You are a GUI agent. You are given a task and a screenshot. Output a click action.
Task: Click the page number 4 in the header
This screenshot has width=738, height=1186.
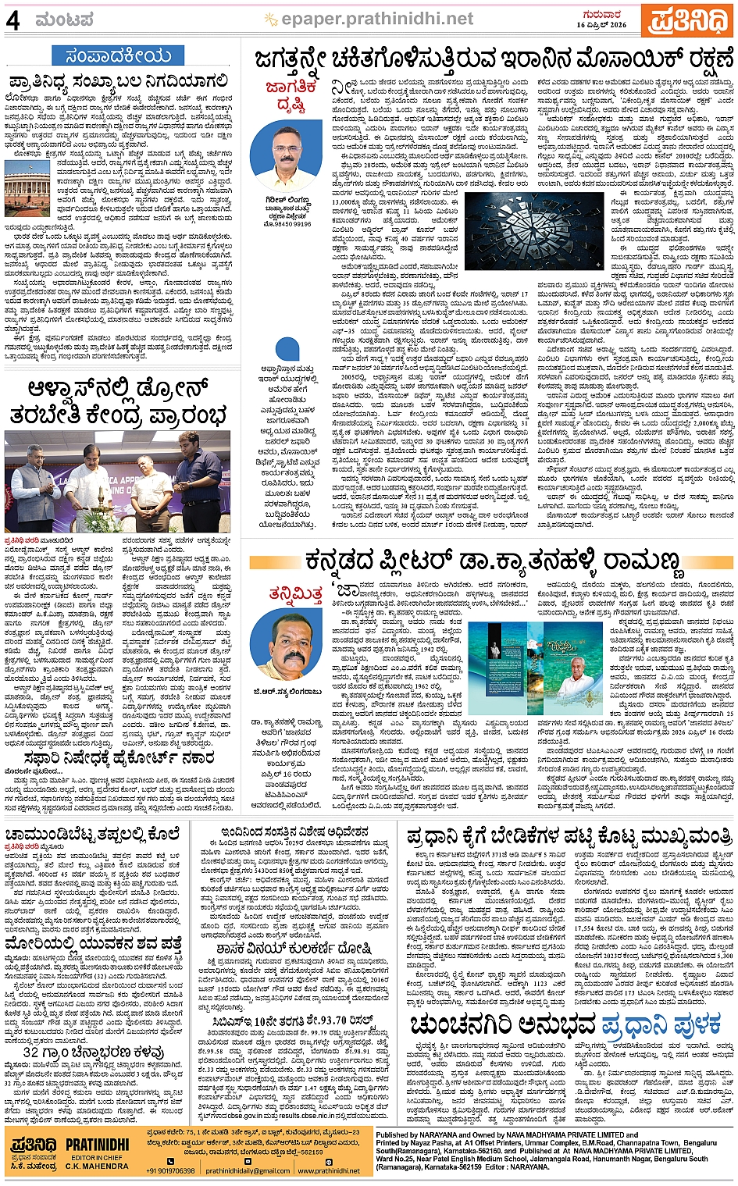point(13,20)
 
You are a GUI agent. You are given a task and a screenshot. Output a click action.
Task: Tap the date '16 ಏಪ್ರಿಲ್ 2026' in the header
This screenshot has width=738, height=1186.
point(602,25)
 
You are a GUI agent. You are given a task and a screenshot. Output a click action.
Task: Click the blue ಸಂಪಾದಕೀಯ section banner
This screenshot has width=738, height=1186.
point(118,55)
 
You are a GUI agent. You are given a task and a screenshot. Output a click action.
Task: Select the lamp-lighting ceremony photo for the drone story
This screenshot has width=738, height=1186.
point(117,482)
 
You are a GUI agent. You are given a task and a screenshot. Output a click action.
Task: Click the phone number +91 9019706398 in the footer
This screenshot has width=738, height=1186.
point(170,1170)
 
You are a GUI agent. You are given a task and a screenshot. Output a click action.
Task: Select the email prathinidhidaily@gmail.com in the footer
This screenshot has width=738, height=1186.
point(248,1170)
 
